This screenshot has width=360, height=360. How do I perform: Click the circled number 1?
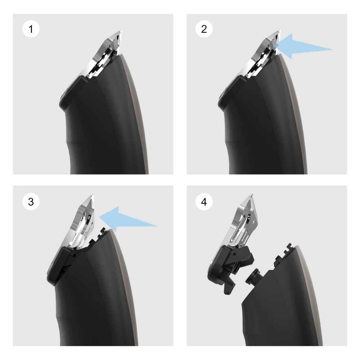[x=31, y=29]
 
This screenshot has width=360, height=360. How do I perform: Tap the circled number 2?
[x=204, y=29]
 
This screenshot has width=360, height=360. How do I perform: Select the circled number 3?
[x=31, y=202]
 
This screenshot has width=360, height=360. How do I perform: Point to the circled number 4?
[x=204, y=202]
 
